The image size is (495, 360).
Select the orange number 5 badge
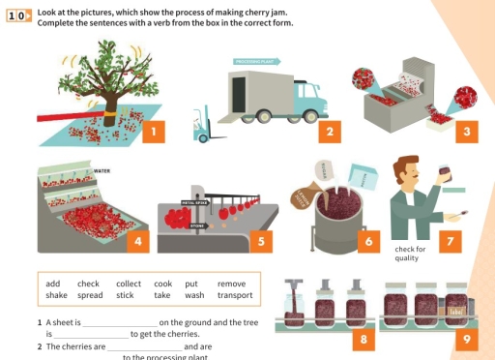point(467,131)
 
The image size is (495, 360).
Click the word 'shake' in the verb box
point(56,295)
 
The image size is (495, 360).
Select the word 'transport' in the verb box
point(234,295)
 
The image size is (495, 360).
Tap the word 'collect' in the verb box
point(128,285)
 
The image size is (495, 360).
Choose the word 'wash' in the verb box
point(193,295)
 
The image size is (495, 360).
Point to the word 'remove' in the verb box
point(231,285)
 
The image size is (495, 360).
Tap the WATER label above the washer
point(102,170)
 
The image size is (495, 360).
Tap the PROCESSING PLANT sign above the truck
point(253,61)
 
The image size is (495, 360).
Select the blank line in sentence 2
point(144,346)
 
